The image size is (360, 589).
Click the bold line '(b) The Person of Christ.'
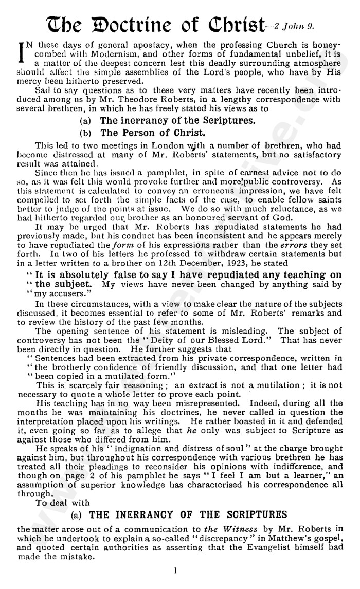click(133, 133)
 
